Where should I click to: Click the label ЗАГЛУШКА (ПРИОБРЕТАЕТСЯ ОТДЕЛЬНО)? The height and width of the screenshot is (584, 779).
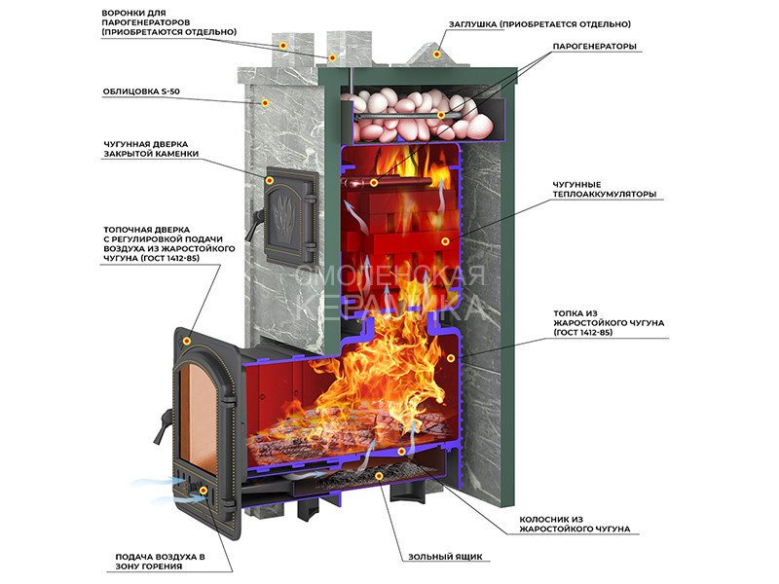pyautogui.click(x=539, y=24)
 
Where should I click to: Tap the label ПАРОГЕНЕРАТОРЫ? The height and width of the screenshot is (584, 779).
pyautogui.click(x=594, y=47)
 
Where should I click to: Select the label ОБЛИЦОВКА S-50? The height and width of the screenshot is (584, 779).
pyautogui.click(x=141, y=91)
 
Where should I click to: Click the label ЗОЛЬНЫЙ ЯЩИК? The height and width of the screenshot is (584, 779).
pyautogui.click(x=445, y=557)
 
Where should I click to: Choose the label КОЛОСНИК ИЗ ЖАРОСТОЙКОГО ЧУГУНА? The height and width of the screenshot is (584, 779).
pyautogui.click(x=575, y=524)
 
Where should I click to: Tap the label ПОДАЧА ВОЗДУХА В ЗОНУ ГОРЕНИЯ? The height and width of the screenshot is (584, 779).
pyautogui.click(x=160, y=562)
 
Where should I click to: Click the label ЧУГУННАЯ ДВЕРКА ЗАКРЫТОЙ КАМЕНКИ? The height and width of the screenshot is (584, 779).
pyautogui.click(x=151, y=149)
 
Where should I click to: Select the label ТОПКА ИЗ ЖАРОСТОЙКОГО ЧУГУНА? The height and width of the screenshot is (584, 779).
pyautogui.click(x=609, y=323)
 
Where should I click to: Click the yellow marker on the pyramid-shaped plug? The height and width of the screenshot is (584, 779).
pyautogui.click(x=436, y=54)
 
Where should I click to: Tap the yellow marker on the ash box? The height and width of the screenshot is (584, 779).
pyautogui.click(x=379, y=476)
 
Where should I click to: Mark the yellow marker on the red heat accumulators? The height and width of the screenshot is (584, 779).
pyautogui.click(x=446, y=241)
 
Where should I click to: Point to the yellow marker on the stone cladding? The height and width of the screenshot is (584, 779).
pyautogui.click(x=265, y=103)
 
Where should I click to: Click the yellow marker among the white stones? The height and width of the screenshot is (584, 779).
pyautogui.click(x=440, y=115)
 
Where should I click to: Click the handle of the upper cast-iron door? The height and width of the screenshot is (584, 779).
pyautogui.click(x=255, y=223)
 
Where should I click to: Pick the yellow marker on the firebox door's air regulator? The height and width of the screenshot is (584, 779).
pyautogui.click(x=203, y=491)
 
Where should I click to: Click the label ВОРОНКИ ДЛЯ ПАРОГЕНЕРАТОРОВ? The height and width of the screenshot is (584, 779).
pyautogui.click(x=168, y=21)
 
